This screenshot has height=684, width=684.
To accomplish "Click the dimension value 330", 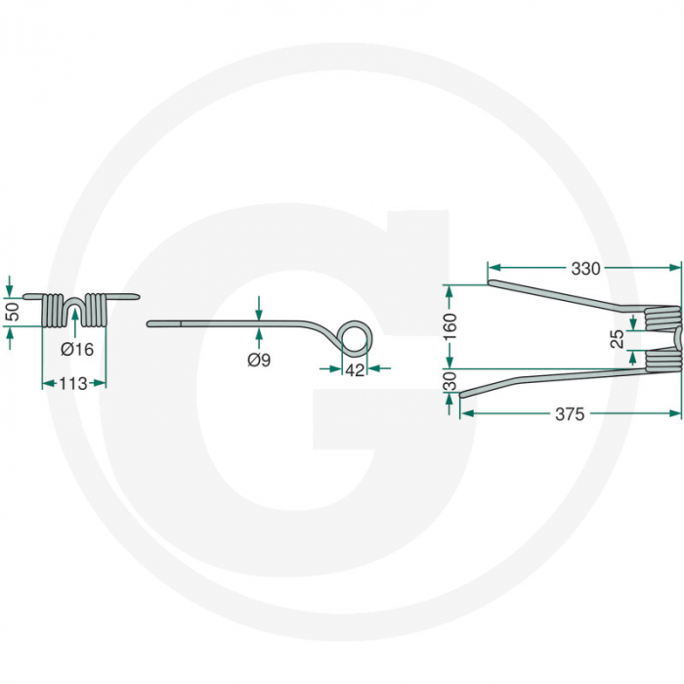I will (x=586, y=267).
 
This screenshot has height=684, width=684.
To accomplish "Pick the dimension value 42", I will (x=356, y=369).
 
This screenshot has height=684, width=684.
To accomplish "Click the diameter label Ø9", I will (x=259, y=361).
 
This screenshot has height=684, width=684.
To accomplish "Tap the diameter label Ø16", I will (x=75, y=349).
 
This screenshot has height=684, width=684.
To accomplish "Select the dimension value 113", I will (x=73, y=384).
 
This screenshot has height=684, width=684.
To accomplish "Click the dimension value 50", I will (x=12, y=313).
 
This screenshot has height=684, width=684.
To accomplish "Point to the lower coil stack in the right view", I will (x=663, y=358).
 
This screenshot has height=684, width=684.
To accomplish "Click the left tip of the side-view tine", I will (x=150, y=323).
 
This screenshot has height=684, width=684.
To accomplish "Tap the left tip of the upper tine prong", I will (x=490, y=284).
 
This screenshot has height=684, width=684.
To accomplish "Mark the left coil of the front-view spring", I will (x=55, y=310).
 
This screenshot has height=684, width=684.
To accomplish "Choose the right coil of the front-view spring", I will (x=96, y=310).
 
